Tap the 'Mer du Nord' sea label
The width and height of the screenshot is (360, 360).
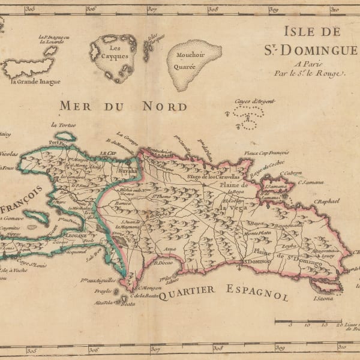coord(123,106)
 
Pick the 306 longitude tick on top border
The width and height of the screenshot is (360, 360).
coord(91,9)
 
